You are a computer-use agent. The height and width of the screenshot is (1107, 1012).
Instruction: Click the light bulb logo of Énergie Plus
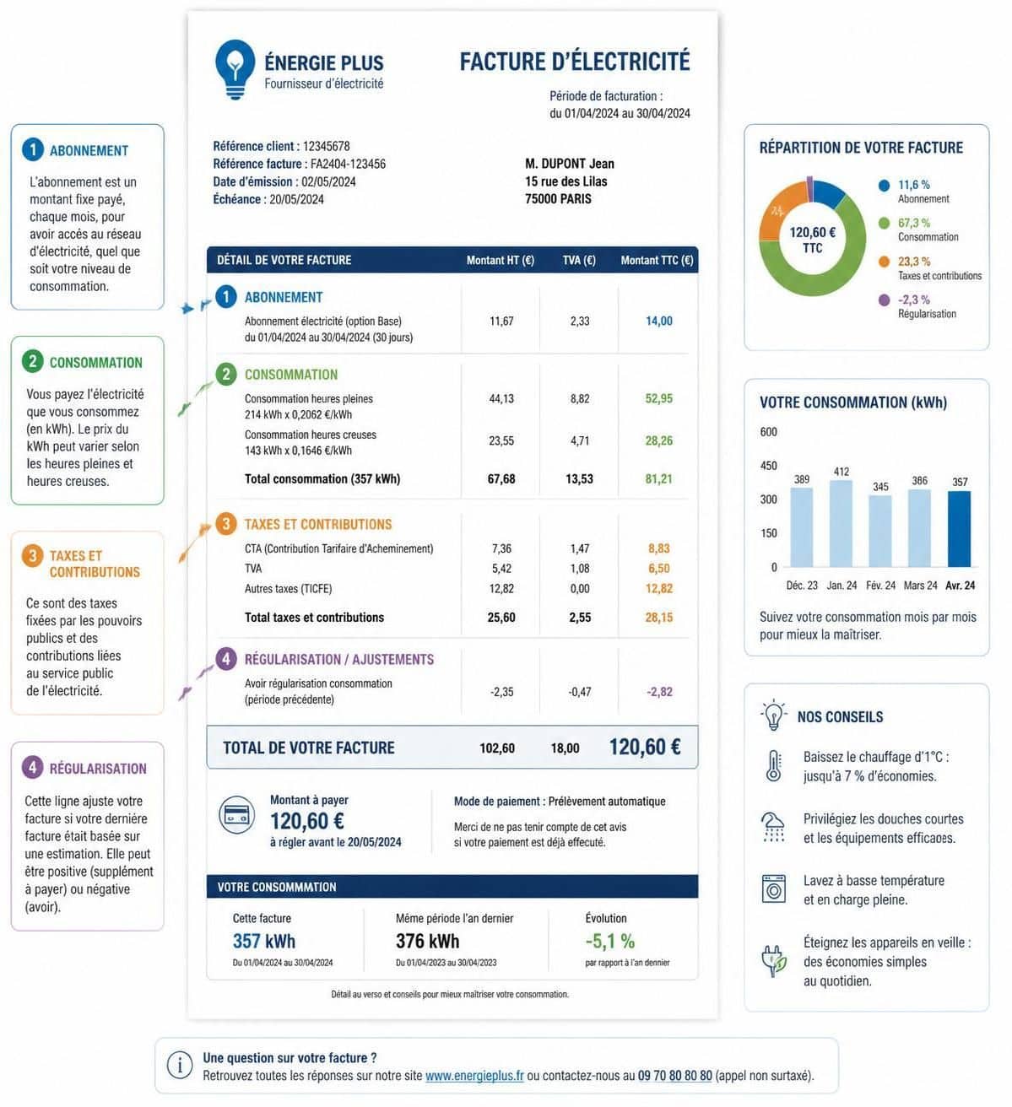235,69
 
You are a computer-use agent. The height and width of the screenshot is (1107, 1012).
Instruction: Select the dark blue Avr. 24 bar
959,529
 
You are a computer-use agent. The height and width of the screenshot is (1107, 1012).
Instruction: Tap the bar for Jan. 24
841,523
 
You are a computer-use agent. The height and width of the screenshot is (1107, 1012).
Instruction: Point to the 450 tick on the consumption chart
769,465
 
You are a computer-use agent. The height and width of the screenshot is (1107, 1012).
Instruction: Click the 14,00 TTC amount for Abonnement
658,321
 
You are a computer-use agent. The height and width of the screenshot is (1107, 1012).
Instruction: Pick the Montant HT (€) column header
501,260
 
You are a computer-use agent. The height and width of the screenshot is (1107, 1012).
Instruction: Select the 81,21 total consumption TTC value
658,478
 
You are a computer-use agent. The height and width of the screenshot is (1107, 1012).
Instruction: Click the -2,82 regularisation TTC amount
659,692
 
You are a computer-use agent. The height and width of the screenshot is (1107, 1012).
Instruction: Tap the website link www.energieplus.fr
474,1076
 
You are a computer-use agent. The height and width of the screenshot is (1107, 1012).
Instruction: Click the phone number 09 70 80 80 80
674,1076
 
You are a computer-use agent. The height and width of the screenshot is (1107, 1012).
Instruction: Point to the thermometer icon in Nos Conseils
773,766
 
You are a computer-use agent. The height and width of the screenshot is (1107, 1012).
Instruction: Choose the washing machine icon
773,888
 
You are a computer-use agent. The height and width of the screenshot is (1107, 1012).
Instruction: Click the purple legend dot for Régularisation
884,300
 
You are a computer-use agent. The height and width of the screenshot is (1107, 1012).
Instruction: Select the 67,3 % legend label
914,223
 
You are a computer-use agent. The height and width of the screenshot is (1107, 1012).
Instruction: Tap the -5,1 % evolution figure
609,941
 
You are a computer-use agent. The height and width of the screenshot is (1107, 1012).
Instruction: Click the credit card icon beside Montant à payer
236,814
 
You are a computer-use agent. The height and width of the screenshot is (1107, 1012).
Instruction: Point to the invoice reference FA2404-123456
348,164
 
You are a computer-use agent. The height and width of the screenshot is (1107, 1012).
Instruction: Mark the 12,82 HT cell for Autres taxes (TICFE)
501,588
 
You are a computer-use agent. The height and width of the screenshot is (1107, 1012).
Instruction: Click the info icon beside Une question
180,1065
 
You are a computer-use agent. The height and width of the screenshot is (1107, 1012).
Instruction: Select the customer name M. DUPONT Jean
569,164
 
